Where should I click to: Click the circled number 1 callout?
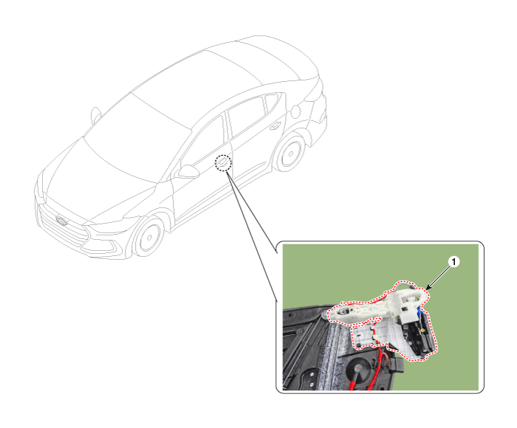point(454,262)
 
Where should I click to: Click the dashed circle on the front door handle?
point(223,163)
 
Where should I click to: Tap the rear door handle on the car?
point(275,126)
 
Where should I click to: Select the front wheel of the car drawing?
point(149,236)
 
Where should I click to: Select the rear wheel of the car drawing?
point(290,153)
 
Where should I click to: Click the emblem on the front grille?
point(61,221)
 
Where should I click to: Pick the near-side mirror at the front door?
point(188,171)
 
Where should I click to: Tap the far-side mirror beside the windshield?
point(95,114)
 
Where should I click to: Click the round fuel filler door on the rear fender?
point(295,111)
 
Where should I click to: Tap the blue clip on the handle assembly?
point(420,311)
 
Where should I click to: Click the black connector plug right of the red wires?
point(396,366)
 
